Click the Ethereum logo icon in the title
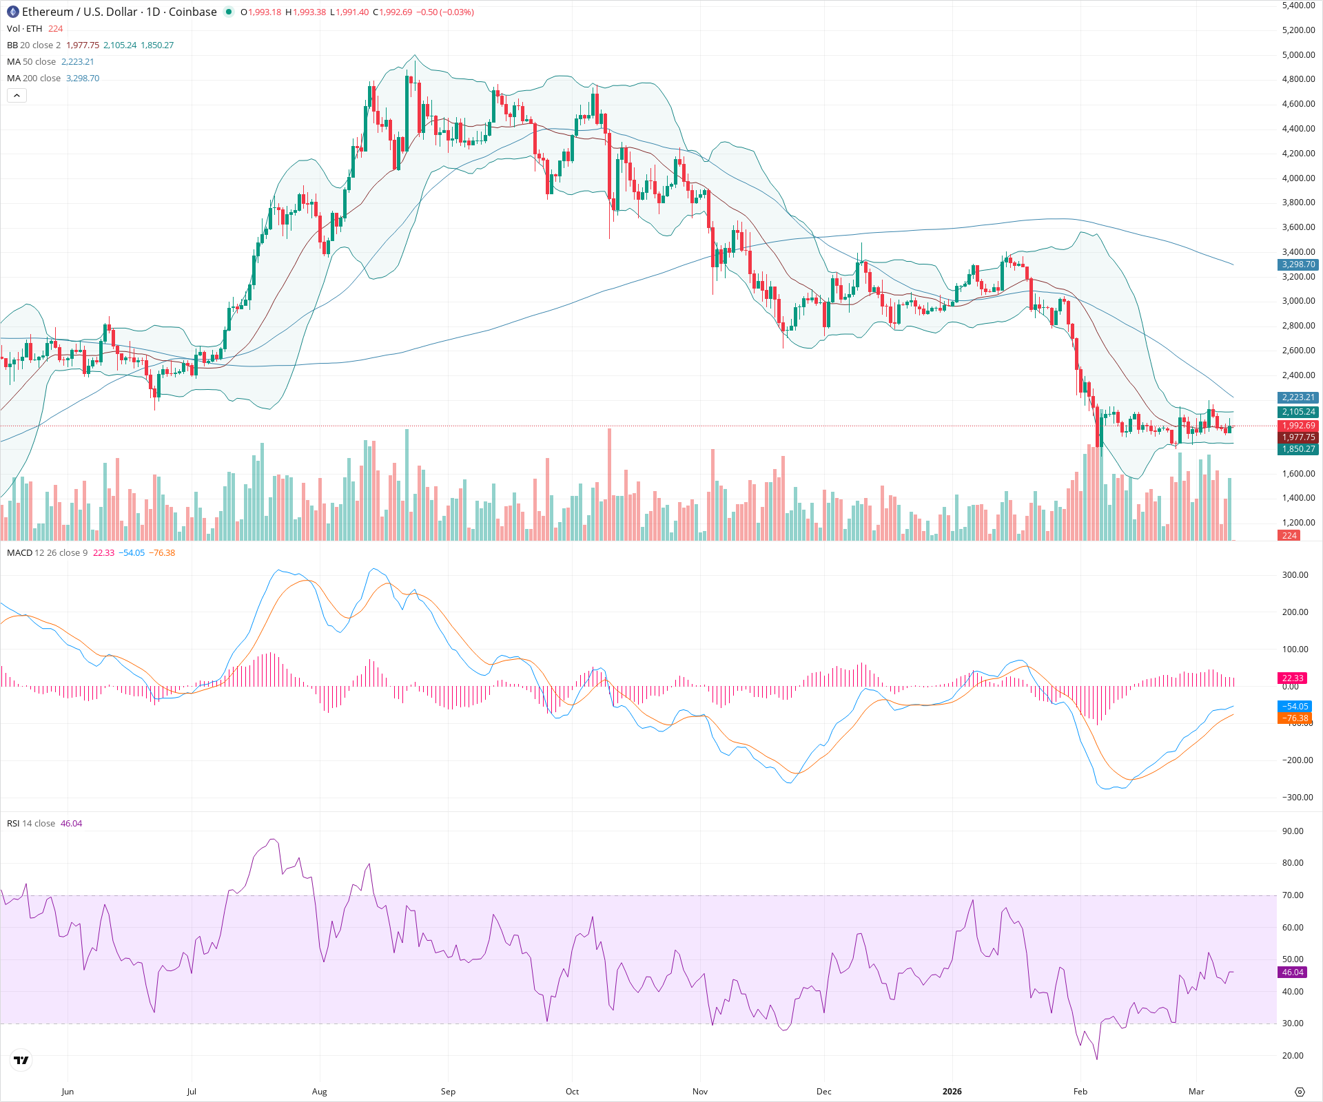click(x=13, y=12)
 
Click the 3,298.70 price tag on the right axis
click(x=1298, y=264)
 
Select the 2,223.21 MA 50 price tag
click(x=1298, y=397)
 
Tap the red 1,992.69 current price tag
click(x=1298, y=426)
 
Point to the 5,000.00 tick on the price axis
click(x=1298, y=54)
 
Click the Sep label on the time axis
click(x=448, y=1091)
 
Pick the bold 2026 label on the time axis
click(x=952, y=1091)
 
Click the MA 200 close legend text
click(x=34, y=79)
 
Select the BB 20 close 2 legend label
click(x=34, y=45)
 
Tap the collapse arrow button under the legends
click(x=17, y=96)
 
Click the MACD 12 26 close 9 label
click(x=47, y=553)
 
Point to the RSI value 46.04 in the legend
click(x=71, y=824)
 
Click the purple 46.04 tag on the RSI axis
click(x=1293, y=973)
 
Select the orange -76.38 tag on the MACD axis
click(x=1295, y=718)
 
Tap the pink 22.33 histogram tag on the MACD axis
click(x=1293, y=678)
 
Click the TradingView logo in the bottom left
click(x=21, y=1060)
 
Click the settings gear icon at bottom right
click(x=1300, y=1092)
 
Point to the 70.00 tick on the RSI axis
click(x=1293, y=895)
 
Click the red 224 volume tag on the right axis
click(x=1289, y=536)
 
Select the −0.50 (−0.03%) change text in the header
click(x=445, y=12)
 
